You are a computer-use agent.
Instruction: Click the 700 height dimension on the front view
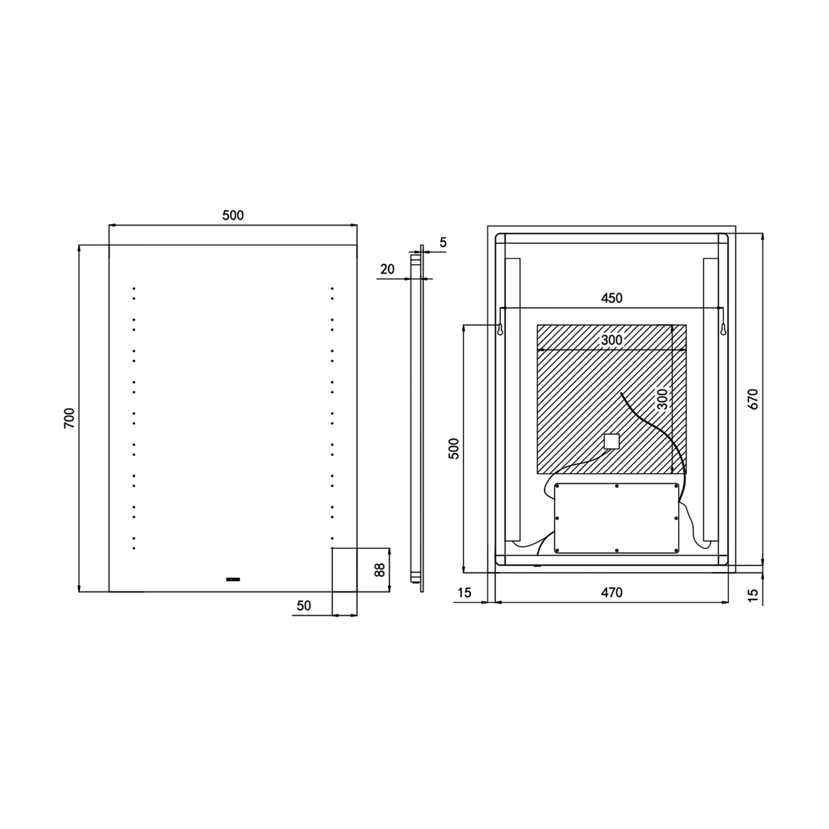tap(69, 418)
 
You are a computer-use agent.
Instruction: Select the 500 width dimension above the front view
tap(233, 215)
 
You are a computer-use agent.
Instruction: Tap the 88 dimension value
tap(380, 570)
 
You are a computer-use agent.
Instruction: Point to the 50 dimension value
tap(303, 606)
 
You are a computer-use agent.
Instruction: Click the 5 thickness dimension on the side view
tap(443, 242)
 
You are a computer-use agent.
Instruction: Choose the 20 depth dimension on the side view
tap(387, 269)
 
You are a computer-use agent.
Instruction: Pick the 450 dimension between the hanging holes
tap(611, 298)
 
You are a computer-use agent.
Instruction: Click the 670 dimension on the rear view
tap(753, 399)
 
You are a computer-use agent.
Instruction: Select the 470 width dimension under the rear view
tap(611, 592)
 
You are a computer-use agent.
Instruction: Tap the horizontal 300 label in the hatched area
tap(611, 340)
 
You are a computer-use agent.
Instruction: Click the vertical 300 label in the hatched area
tap(662, 398)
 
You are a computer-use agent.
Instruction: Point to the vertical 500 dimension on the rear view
tap(454, 449)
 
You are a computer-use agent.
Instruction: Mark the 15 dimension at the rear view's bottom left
tap(465, 592)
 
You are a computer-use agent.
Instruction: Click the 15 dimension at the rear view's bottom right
tap(753, 595)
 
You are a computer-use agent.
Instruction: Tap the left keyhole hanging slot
tap(500, 330)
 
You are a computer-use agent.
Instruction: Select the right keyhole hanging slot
tap(722, 330)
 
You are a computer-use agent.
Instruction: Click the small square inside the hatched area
tap(611, 441)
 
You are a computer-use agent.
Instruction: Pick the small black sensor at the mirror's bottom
tap(233, 579)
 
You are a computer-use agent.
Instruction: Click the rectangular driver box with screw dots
tap(616, 518)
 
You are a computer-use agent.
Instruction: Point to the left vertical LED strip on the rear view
tap(512, 400)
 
